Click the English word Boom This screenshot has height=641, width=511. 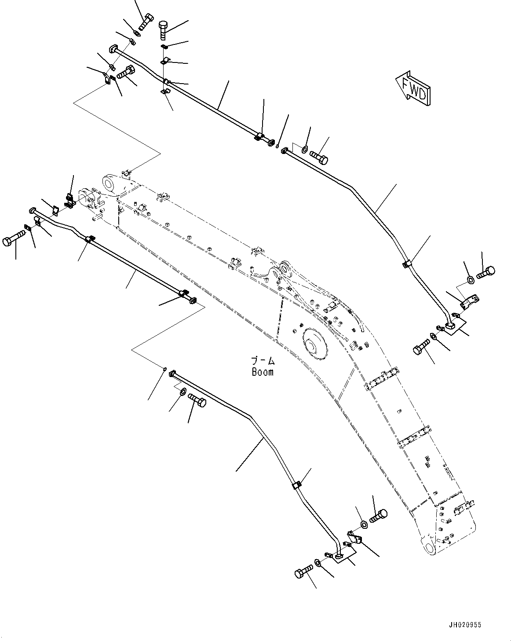pyautogui.click(x=263, y=372)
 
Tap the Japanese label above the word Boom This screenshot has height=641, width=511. pyautogui.click(x=263, y=361)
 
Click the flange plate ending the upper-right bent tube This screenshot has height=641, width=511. pyautogui.click(x=452, y=326)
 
